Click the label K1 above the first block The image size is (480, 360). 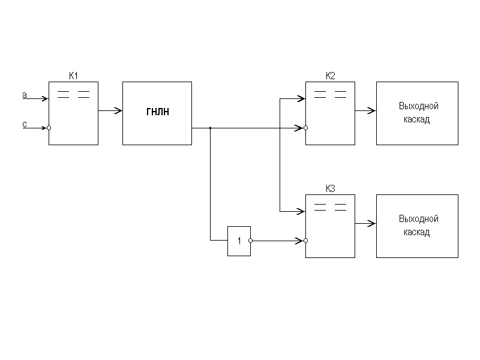coord(74,76)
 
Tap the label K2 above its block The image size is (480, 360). coord(331,76)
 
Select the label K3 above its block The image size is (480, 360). coord(331,188)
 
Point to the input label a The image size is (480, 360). coord(25,95)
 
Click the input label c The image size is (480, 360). coord(25,124)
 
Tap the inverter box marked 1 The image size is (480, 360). coord(239,241)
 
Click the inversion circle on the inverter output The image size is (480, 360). coord(252,241)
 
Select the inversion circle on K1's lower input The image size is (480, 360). coord(49,128)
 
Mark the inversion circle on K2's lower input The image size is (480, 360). coord(305,128)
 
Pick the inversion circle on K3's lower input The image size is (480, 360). coord(305,241)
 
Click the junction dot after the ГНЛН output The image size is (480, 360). coord(210,128)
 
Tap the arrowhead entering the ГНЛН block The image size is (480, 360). coord(119,111)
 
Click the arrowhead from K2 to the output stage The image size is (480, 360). coord(373,111)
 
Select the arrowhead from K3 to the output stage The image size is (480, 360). coord(373,224)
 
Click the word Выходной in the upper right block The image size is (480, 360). coord(418,106)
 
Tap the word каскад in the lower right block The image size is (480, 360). coord(418,232)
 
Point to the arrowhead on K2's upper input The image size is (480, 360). coord(302,98)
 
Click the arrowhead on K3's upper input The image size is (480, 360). coord(302,211)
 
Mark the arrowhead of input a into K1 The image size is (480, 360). coord(44,98)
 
